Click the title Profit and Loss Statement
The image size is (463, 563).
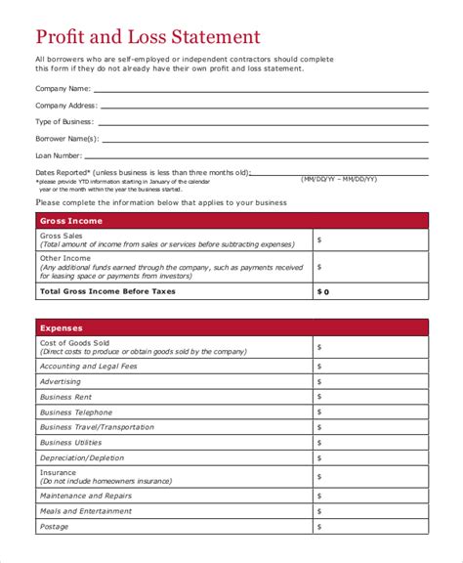[147, 37]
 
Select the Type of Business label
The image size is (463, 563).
[64, 121]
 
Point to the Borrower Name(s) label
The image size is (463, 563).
[66, 138]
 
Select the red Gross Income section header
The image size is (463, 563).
[231, 221]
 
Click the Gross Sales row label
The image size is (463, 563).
[61, 236]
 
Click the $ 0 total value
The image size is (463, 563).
[324, 291]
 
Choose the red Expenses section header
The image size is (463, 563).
[231, 328]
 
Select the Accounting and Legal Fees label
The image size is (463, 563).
[89, 366]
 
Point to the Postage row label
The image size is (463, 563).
[55, 527]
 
